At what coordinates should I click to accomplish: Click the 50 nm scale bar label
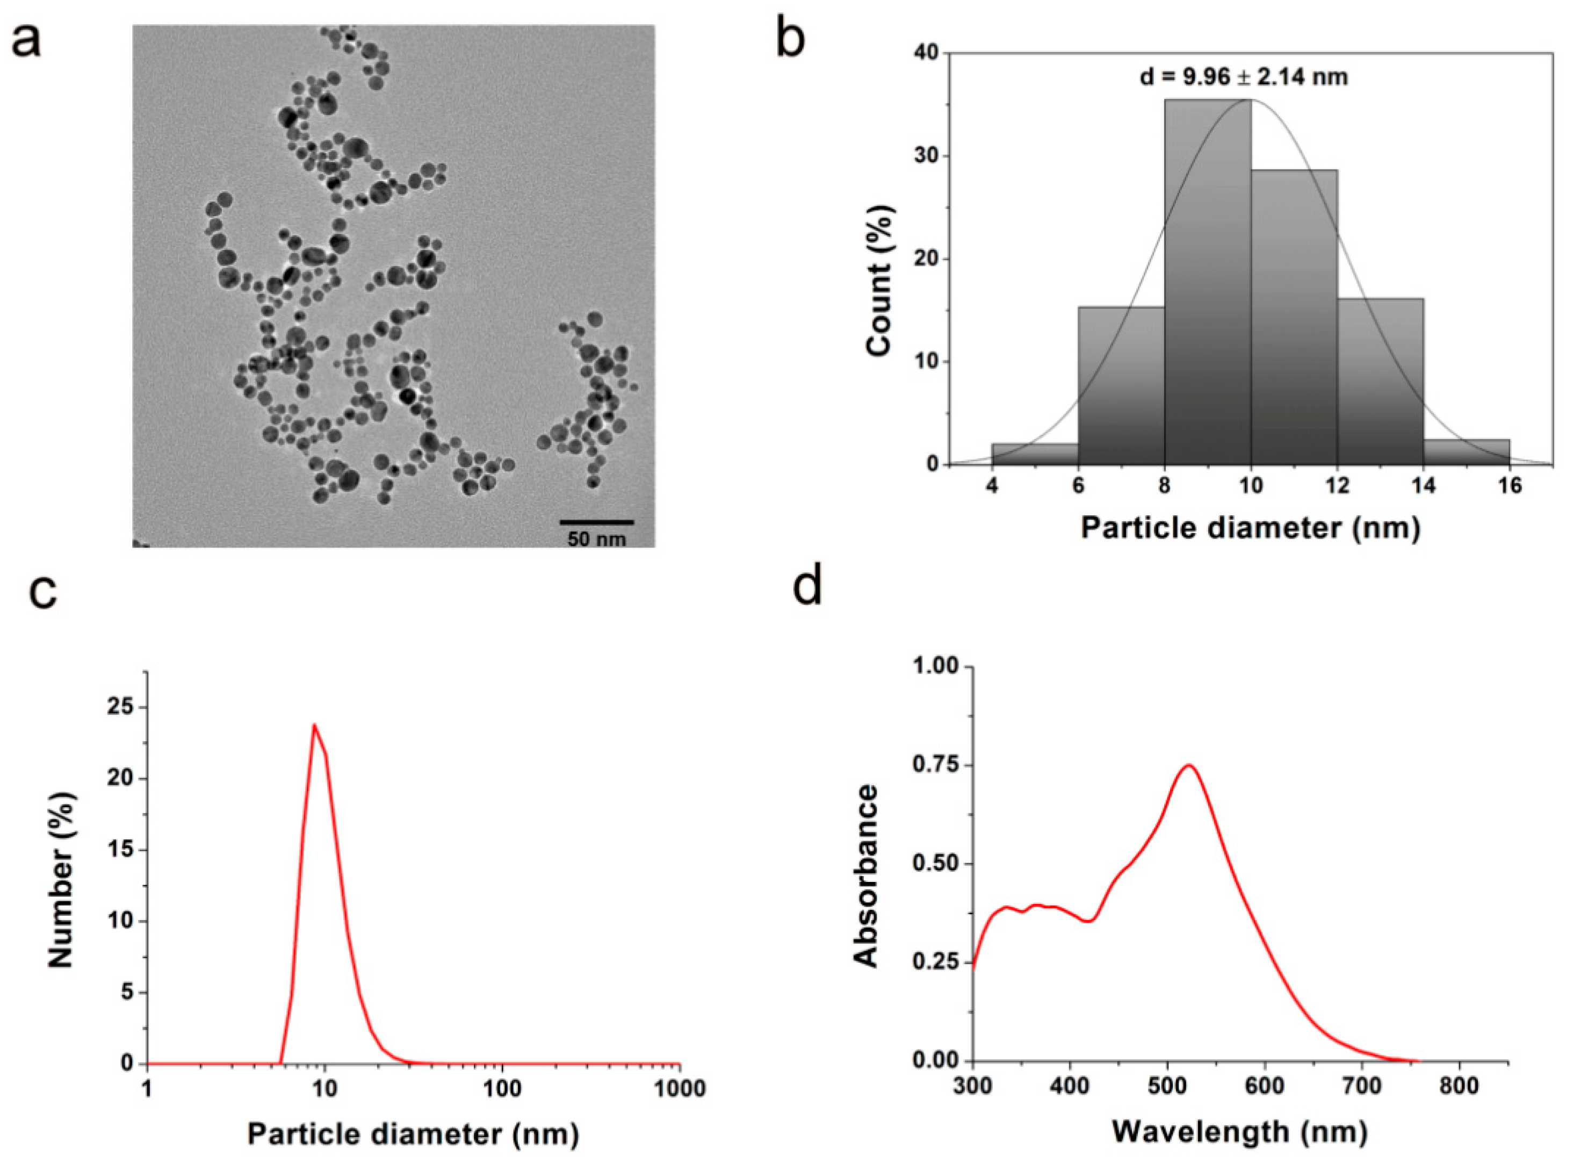(596, 539)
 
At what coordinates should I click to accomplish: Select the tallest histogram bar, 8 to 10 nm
(1208, 283)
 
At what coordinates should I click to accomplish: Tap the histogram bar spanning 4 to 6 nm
(1035, 454)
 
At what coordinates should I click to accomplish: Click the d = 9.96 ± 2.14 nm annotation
(1244, 76)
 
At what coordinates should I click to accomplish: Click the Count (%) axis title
(880, 280)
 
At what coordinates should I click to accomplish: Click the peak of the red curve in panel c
(314, 724)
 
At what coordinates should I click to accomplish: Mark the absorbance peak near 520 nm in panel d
(1189, 765)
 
